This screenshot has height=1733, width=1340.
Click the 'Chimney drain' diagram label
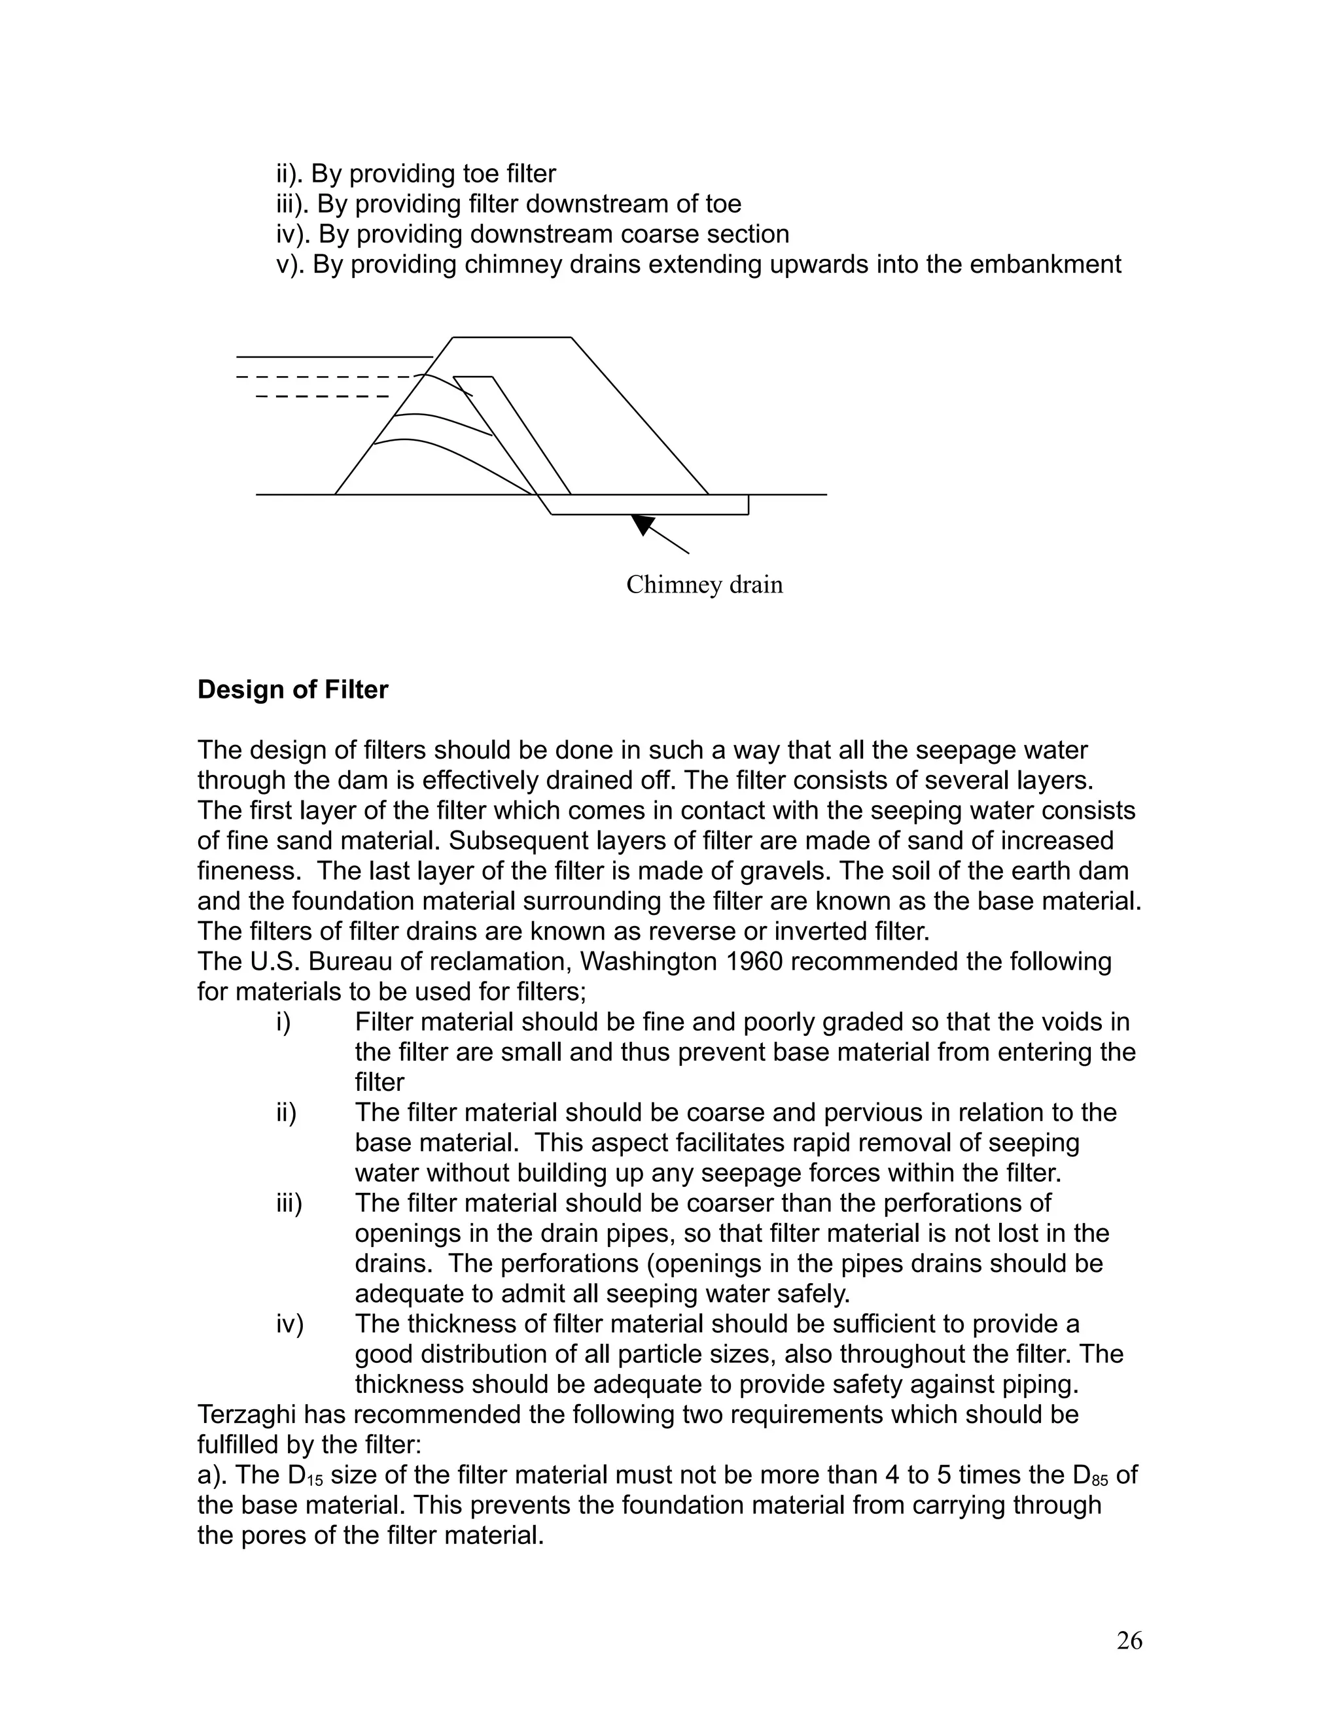[x=704, y=585]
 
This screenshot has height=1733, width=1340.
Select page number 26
[x=1129, y=1640]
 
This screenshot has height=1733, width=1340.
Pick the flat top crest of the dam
[x=512, y=337]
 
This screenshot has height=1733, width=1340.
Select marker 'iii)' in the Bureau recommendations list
[x=290, y=1203]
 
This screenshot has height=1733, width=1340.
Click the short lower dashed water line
[x=321, y=396]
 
